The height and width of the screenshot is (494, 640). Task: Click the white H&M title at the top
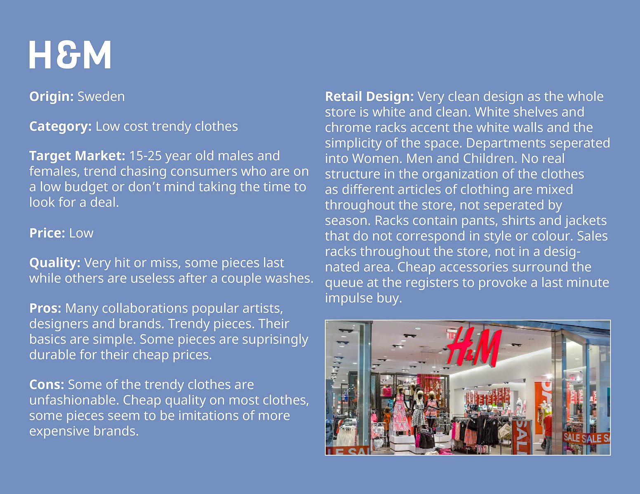pos(70,55)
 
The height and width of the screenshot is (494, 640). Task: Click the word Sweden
pos(101,96)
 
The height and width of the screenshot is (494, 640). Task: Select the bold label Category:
pos(60,126)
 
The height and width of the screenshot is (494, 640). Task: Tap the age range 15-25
pos(146,156)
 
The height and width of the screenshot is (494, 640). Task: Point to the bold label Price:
pos(47,233)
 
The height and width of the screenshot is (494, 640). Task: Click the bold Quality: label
pos(55,263)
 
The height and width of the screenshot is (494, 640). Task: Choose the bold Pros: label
pos(45,308)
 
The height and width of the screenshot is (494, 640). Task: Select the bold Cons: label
pos(47,384)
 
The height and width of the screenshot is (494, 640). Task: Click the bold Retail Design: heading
pos(369,97)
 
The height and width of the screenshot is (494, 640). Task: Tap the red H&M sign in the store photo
pos(474,346)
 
